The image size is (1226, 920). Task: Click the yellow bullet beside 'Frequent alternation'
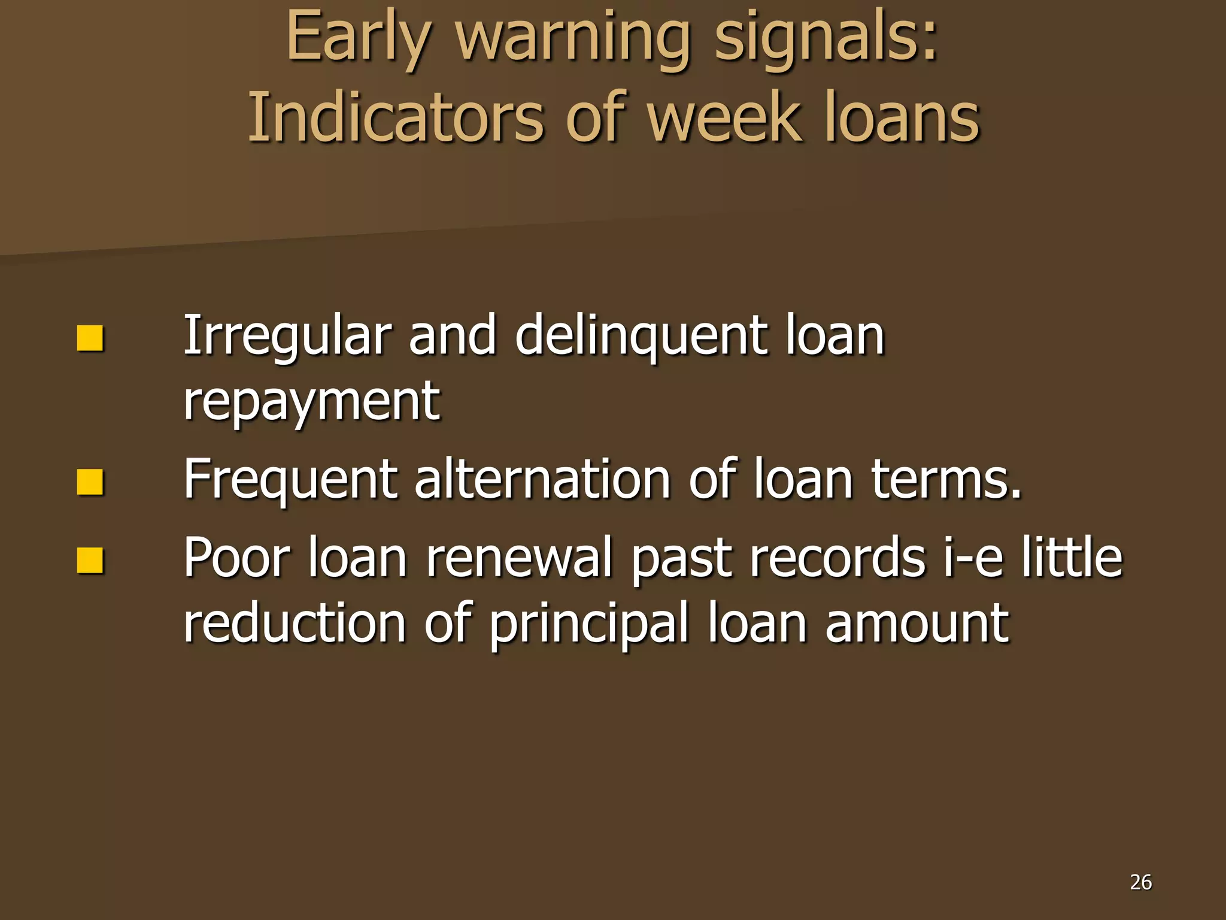(x=90, y=482)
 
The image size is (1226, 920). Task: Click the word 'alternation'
(x=542, y=479)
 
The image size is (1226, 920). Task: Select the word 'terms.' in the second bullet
(x=946, y=479)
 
